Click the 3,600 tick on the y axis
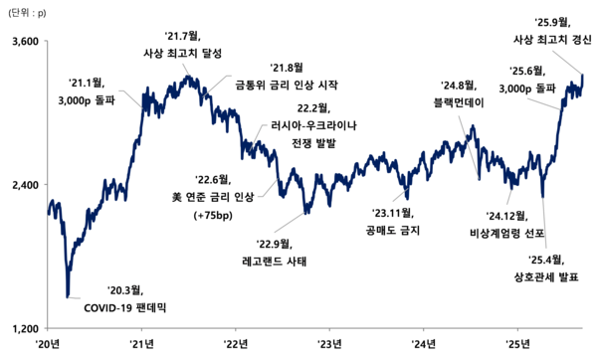22,42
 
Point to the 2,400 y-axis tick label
22,185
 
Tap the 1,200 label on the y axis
22,328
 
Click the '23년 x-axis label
330,344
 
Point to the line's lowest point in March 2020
68,295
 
